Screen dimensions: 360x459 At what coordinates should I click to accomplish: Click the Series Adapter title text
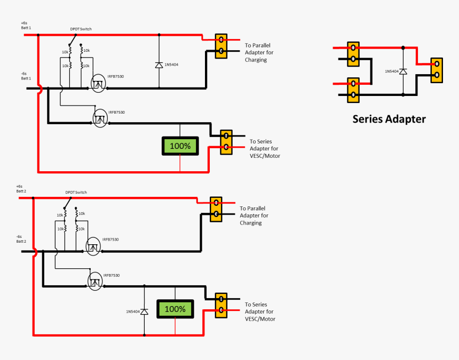389,119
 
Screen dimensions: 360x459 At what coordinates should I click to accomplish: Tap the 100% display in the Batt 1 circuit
180,146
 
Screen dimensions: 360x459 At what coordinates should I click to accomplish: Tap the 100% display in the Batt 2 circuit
175,309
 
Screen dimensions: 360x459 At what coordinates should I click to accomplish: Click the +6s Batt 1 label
26,25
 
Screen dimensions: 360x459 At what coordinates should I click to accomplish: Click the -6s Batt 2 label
21,238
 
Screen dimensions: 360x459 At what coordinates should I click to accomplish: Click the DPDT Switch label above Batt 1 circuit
82,29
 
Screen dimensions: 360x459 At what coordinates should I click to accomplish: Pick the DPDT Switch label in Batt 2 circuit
76,192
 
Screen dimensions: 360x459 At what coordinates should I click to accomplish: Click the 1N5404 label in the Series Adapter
392,71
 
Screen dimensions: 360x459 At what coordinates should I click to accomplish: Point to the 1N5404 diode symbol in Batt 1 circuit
159,65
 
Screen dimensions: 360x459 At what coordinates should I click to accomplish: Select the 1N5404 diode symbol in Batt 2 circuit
144,311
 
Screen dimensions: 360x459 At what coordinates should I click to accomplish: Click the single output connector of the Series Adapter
437,69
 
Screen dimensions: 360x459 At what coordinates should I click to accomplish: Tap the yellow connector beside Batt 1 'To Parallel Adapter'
220,45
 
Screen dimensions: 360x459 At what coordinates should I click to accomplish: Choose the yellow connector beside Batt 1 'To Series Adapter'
226,142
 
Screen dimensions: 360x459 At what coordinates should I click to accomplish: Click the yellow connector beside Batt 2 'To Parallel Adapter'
216,209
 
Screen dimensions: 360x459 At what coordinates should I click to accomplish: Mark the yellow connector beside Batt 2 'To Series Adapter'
221,305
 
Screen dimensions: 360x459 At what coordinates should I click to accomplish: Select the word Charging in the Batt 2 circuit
250,223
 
